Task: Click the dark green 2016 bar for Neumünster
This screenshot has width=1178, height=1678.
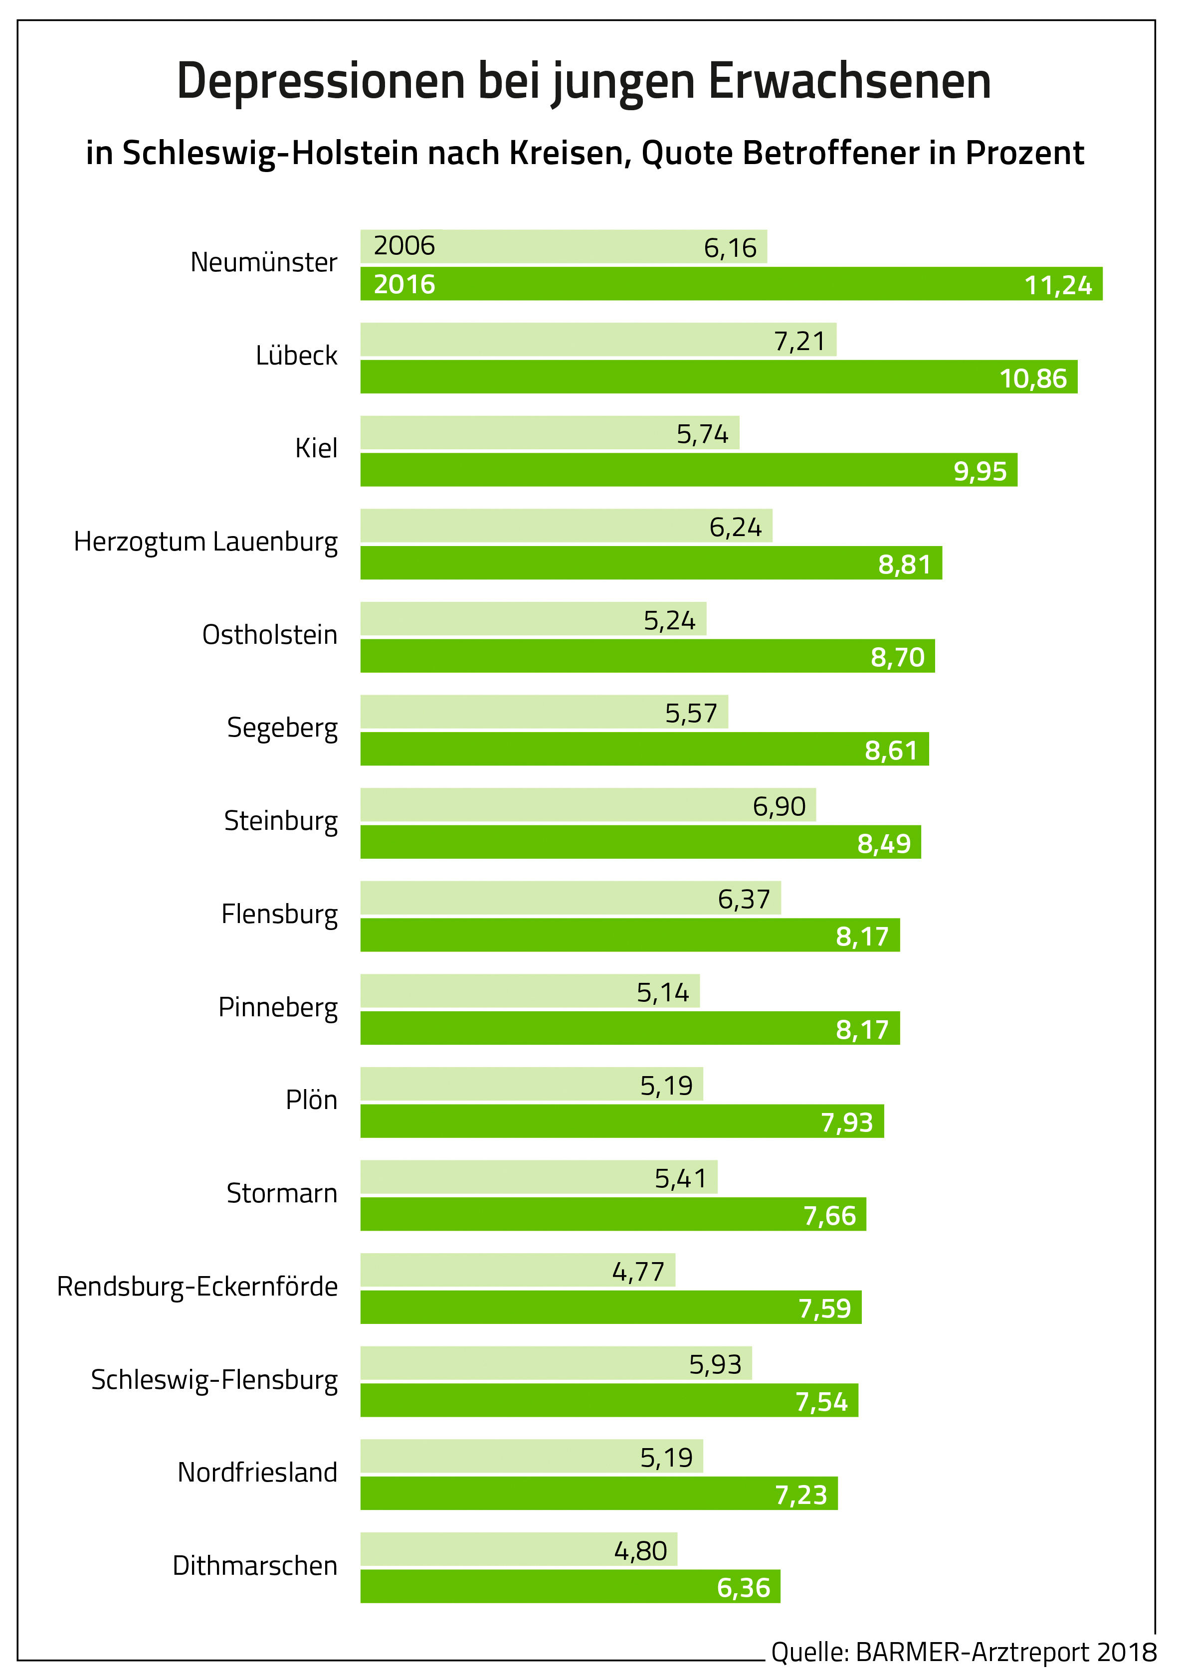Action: click(x=731, y=284)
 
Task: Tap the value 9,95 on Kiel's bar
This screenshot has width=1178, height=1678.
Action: click(x=980, y=471)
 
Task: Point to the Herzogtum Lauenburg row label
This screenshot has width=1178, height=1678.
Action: click(x=206, y=542)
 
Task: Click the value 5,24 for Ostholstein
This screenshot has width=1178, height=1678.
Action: click(x=669, y=620)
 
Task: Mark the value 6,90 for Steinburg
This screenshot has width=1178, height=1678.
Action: click(x=779, y=806)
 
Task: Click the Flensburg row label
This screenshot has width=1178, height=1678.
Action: click(x=279, y=914)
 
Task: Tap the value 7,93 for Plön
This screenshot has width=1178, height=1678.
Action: click(x=847, y=1122)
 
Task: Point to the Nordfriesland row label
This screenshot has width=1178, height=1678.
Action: click(x=257, y=1473)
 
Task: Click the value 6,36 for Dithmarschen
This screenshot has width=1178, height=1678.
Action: click(x=743, y=1587)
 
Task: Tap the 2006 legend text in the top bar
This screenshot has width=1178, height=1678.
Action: click(x=404, y=245)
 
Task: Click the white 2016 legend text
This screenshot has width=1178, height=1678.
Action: click(x=404, y=284)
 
